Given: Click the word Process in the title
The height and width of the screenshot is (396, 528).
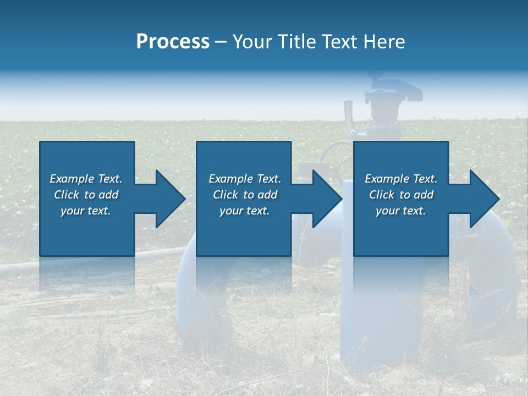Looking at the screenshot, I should [x=173, y=42].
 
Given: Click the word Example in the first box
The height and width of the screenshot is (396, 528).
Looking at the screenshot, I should [x=72, y=179].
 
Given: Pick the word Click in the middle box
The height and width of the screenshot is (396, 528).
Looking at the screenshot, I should [x=225, y=195].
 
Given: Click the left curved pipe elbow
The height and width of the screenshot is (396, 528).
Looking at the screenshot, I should [x=190, y=286].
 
